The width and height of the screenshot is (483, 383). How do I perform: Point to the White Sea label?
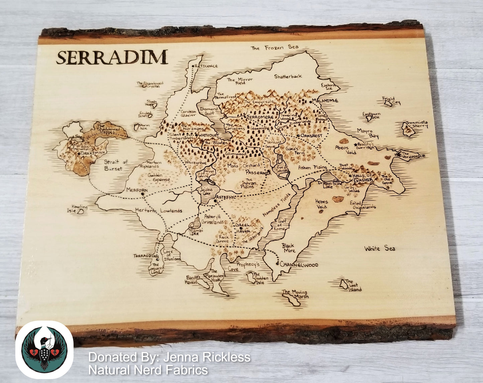click(379, 248)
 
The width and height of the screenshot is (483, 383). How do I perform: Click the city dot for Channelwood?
click(278, 264)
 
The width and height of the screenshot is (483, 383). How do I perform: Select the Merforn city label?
click(137, 190)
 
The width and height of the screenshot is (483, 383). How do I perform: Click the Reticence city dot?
click(193, 67)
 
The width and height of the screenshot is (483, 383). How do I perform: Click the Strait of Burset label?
click(115, 165)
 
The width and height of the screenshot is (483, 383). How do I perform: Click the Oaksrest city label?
click(312, 136)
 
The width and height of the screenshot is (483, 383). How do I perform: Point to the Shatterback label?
click(288, 76)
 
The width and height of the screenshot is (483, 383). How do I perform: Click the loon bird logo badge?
click(44, 350)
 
